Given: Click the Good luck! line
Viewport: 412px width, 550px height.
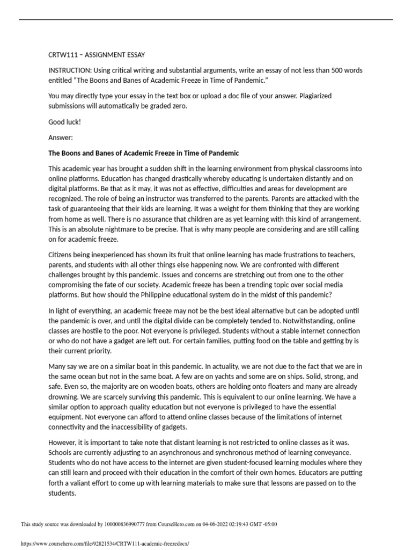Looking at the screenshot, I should (x=64, y=122).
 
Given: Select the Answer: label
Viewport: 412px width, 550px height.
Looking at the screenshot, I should (x=60, y=137).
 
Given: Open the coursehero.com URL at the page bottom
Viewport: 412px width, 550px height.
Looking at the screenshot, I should (x=105, y=543).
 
